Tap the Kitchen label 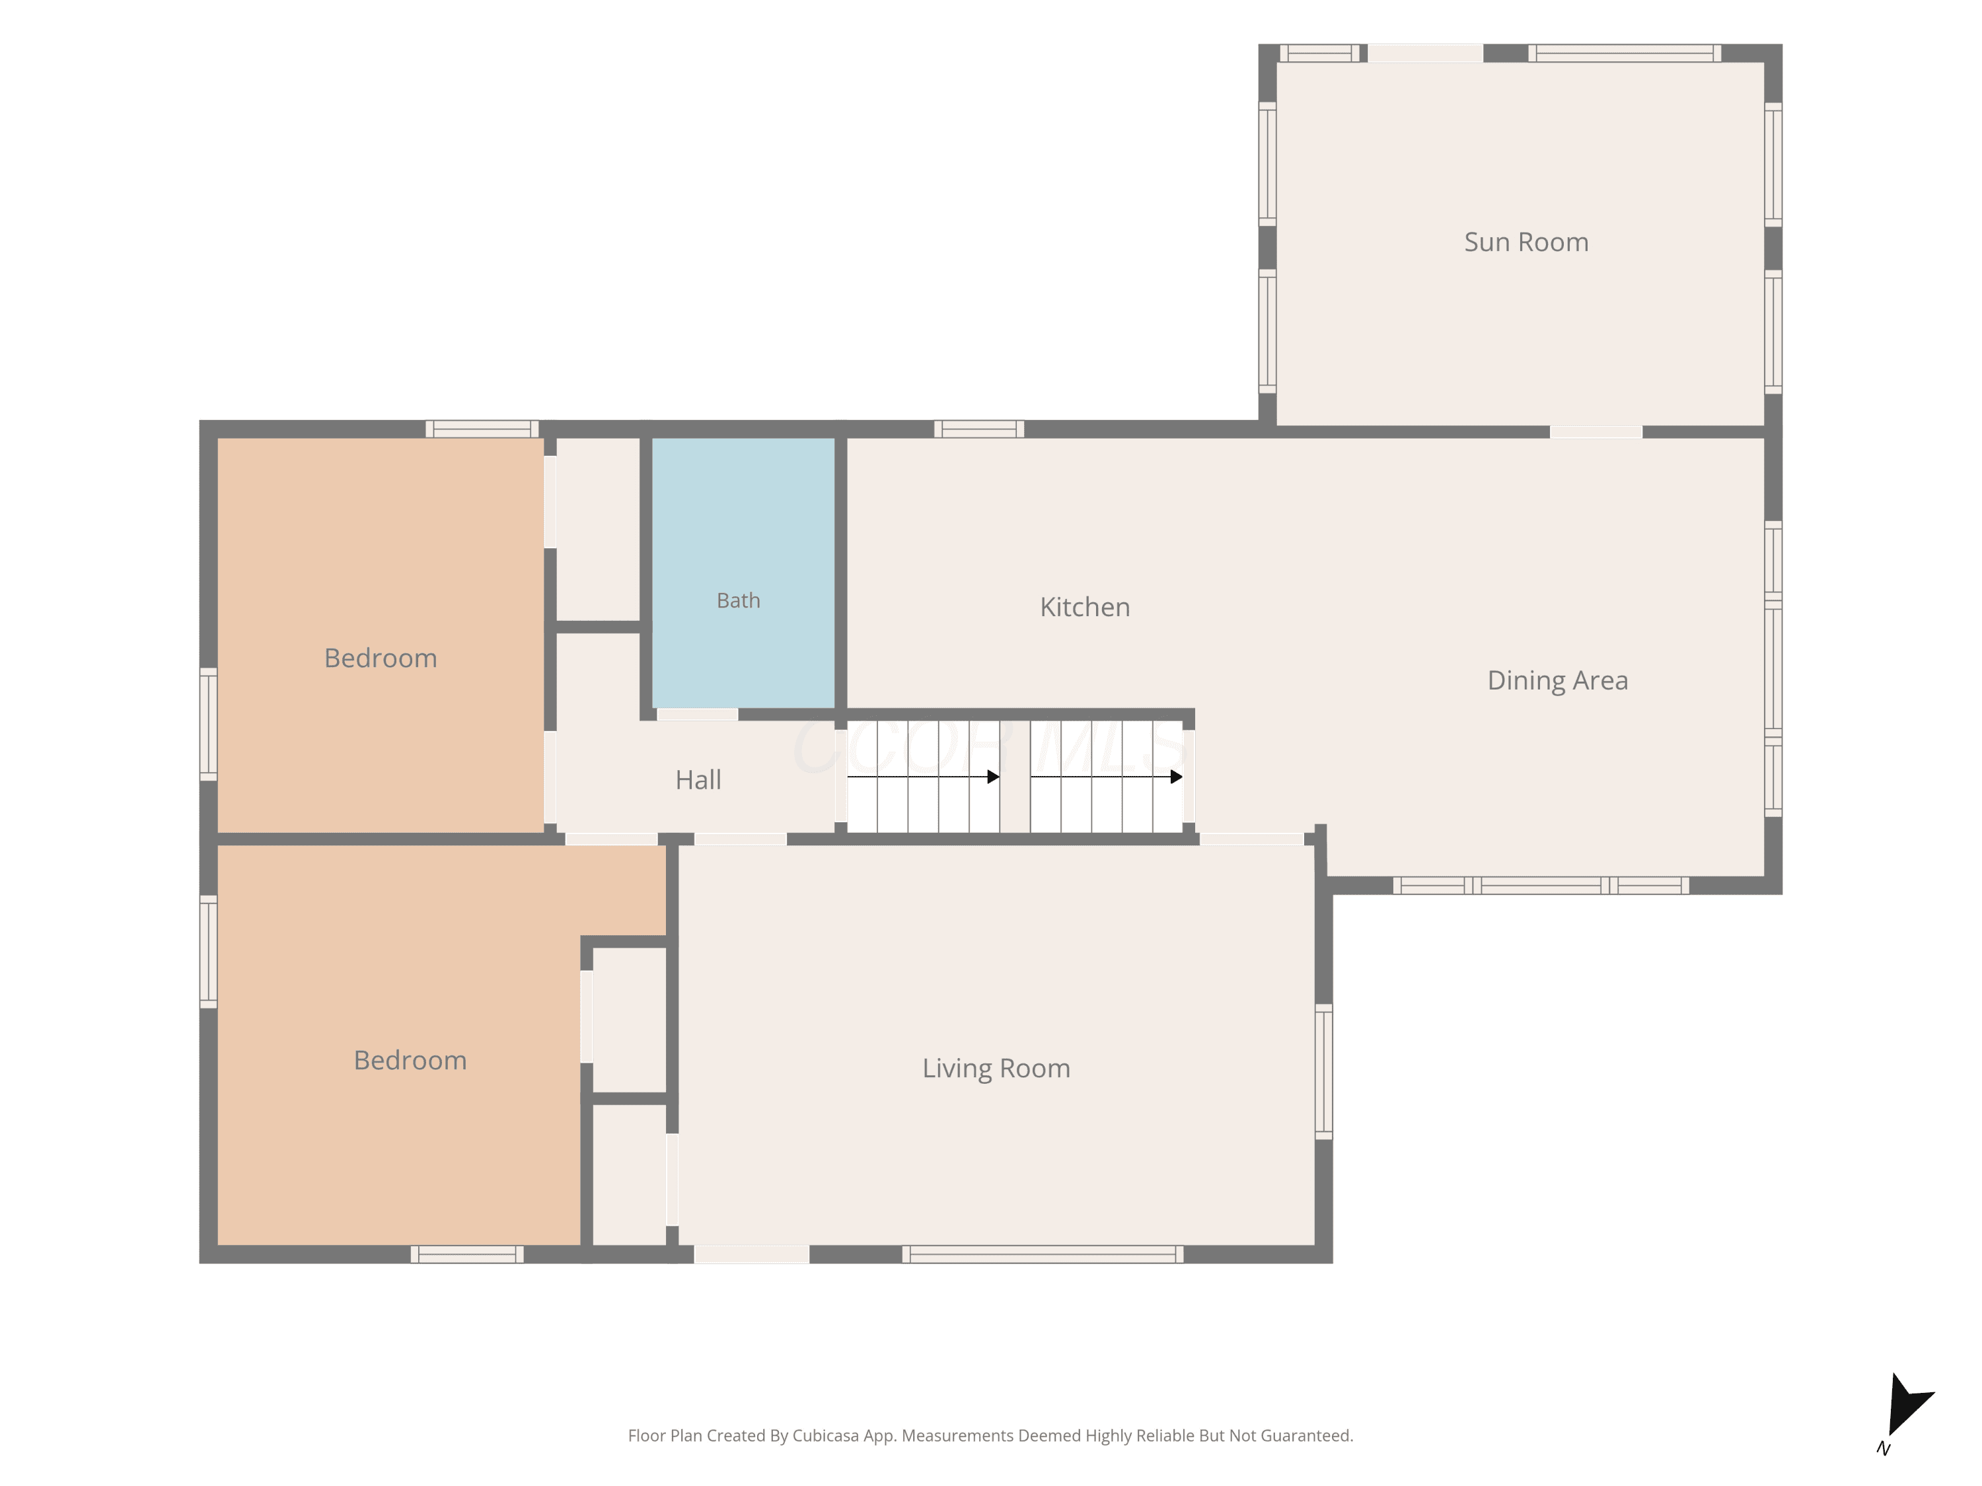1085,608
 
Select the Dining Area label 1557,681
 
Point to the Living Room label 996,1069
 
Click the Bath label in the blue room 739,600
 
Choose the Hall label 698,780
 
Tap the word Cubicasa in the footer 825,1436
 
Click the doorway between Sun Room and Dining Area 1596,433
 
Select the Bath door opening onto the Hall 697,715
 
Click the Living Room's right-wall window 1323,1071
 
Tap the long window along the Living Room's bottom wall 1042,1254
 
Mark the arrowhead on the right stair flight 1177,777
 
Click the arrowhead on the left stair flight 993,777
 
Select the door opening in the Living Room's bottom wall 752,1254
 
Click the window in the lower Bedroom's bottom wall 467,1254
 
